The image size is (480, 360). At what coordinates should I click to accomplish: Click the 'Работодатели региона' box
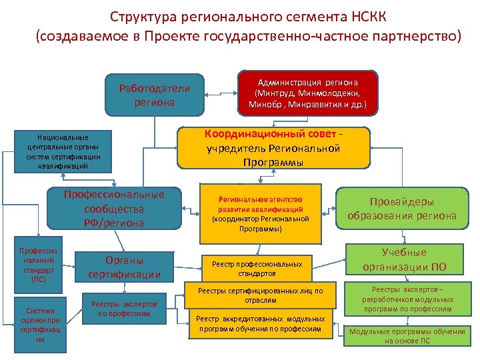pyautogui.click(x=154, y=95)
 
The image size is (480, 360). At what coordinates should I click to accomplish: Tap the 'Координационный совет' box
pyautogui.click(x=273, y=147)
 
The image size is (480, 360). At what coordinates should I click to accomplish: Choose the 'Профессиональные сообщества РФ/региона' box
pyautogui.click(x=114, y=209)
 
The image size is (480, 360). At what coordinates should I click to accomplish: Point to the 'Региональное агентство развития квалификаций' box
pyautogui.click(x=261, y=213)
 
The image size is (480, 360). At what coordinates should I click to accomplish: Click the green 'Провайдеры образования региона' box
pyautogui.click(x=402, y=209)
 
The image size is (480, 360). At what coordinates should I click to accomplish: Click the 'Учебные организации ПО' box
pyautogui.click(x=404, y=260)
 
